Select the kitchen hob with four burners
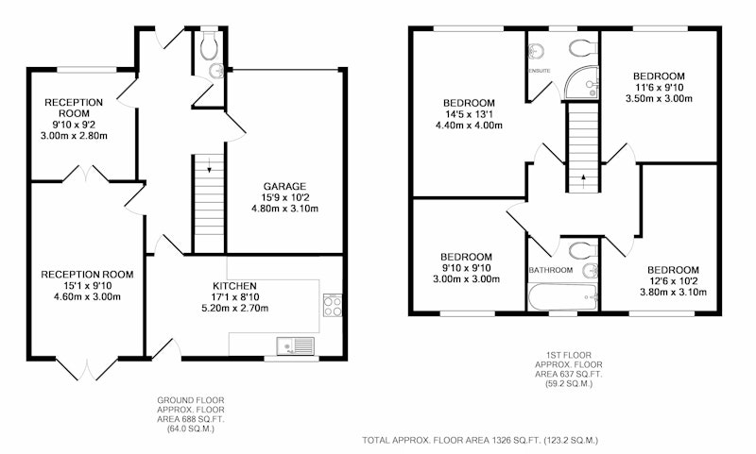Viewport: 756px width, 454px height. point(333,305)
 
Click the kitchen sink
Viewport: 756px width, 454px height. point(295,345)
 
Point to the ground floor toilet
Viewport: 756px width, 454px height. point(210,44)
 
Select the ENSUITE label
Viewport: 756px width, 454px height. point(540,71)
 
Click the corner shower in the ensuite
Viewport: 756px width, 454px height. point(582,83)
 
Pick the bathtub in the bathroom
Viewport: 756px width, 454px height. point(563,296)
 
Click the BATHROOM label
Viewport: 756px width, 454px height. point(551,270)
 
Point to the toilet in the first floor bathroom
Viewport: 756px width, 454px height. point(583,251)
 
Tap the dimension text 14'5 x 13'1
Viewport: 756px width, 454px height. point(469,114)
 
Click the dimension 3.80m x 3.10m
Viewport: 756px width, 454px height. point(673,293)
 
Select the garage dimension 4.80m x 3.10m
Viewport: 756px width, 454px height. point(284,209)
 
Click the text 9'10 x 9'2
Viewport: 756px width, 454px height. point(74,125)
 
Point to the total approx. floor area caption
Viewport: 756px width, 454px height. point(480,440)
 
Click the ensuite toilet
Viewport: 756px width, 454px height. point(583,48)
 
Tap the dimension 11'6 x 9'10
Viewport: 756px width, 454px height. point(659,87)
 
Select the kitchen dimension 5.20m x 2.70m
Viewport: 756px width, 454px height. point(234,308)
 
